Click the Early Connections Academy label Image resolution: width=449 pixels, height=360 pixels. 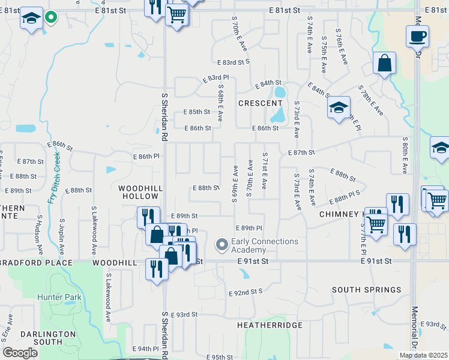click(x=265, y=245)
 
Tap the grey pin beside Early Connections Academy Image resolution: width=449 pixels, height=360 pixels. click(x=222, y=244)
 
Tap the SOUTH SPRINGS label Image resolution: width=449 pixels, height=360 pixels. click(x=366, y=289)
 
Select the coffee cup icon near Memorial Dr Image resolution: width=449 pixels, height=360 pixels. click(x=417, y=36)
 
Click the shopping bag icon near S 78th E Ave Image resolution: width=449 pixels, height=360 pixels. click(x=384, y=63)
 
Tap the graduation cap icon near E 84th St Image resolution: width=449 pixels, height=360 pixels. click(x=339, y=108)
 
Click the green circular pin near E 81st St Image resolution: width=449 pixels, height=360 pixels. click(x=51, y=18)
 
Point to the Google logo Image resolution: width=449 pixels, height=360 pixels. click(x=20, y=353)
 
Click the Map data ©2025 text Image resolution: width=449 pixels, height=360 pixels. click(x=423, y=355)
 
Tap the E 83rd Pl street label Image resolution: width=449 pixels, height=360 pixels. click(x=215, y=79)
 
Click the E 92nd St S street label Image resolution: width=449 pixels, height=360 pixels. click(x=246, y=292)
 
